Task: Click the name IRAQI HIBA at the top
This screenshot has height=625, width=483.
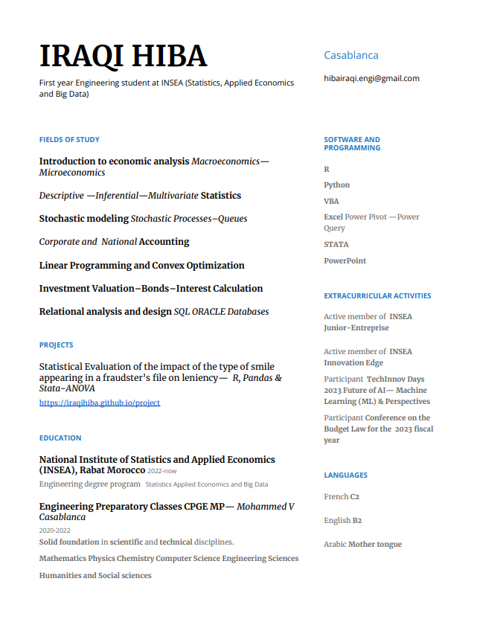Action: tap(123, 57)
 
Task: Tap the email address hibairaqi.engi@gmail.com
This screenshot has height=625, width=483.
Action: tap(371, 78)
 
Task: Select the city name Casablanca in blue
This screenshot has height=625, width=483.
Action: tap(351, 55)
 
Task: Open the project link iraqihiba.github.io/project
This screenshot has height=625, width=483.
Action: tap(99, 403)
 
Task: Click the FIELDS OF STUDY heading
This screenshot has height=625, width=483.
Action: tap(69, 139)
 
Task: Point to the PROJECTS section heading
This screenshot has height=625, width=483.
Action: tap(56, 344)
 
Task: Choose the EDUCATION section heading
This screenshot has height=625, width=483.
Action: tap(60, 437)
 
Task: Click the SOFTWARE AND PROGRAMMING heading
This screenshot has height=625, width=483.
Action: tap(352, 144)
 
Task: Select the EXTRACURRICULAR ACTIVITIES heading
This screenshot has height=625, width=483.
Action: tap(377, 295)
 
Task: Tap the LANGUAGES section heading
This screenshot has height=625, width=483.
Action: tap(345, 475)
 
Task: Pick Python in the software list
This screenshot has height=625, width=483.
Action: tap(336, 185)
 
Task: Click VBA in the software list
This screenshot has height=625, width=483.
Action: tap(331, 201)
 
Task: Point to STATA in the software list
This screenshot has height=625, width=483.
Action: tap(336, 244)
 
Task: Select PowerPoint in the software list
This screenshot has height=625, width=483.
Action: tap(345, 260)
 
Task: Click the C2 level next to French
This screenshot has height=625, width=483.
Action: tap(355, 496)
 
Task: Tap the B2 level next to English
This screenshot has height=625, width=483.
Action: tap(357, 520)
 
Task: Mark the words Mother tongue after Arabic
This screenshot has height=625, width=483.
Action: tap(375, 544)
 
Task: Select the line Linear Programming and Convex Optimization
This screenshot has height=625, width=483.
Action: tap(141, 265)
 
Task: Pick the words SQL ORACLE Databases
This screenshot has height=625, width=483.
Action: tap(221, 312)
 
